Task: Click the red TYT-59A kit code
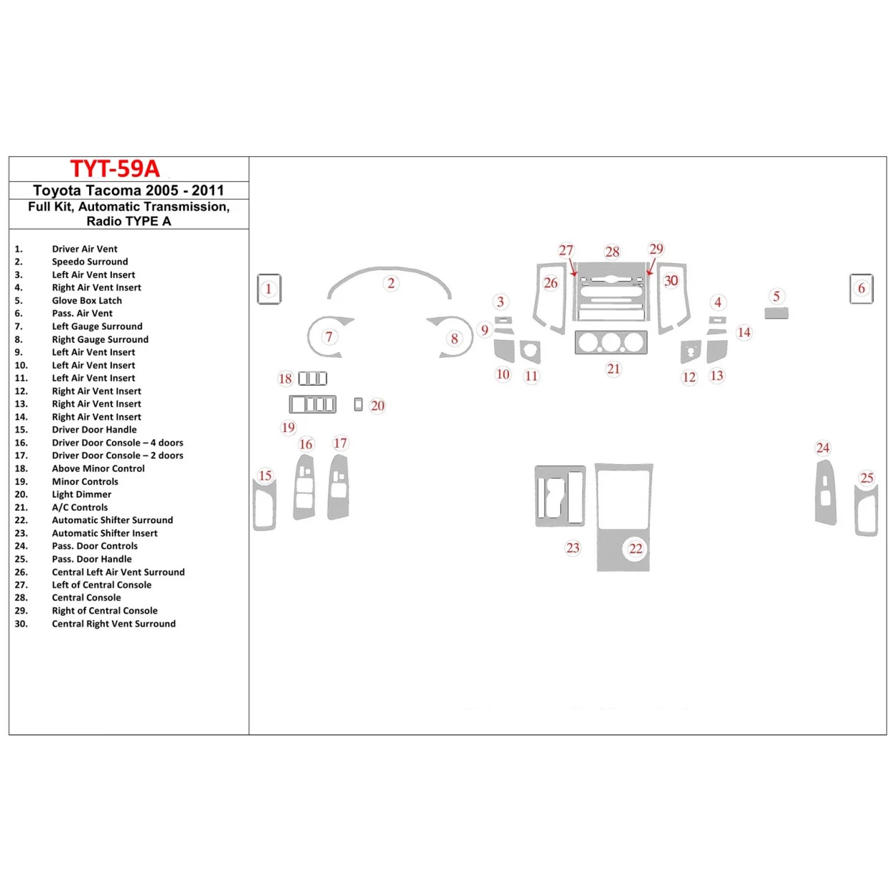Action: [x=115, y=169]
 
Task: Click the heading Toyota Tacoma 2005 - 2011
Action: [x=128, y=190]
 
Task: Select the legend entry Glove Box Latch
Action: [x=86, y=301]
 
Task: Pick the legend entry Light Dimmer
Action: [x=81, y=495]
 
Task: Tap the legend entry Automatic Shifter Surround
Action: [x=112, y=520]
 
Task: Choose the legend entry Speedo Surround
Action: [x=90, y=262]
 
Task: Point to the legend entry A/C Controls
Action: [x=80, y=508]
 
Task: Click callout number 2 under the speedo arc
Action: [x=391, y=283]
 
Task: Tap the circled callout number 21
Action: [x=614, y=369]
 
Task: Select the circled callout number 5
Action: [x=776, y=296]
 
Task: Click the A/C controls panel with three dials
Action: [x=611, y=343]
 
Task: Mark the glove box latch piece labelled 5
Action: [x=776, y=313]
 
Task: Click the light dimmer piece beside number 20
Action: [x=359, y=405]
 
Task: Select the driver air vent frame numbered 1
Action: [x=269, y=289]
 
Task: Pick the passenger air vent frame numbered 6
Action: [x=861, y=289]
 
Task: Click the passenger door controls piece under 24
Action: [x=825, y=493]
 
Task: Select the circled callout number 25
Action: [x=867, y=478]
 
